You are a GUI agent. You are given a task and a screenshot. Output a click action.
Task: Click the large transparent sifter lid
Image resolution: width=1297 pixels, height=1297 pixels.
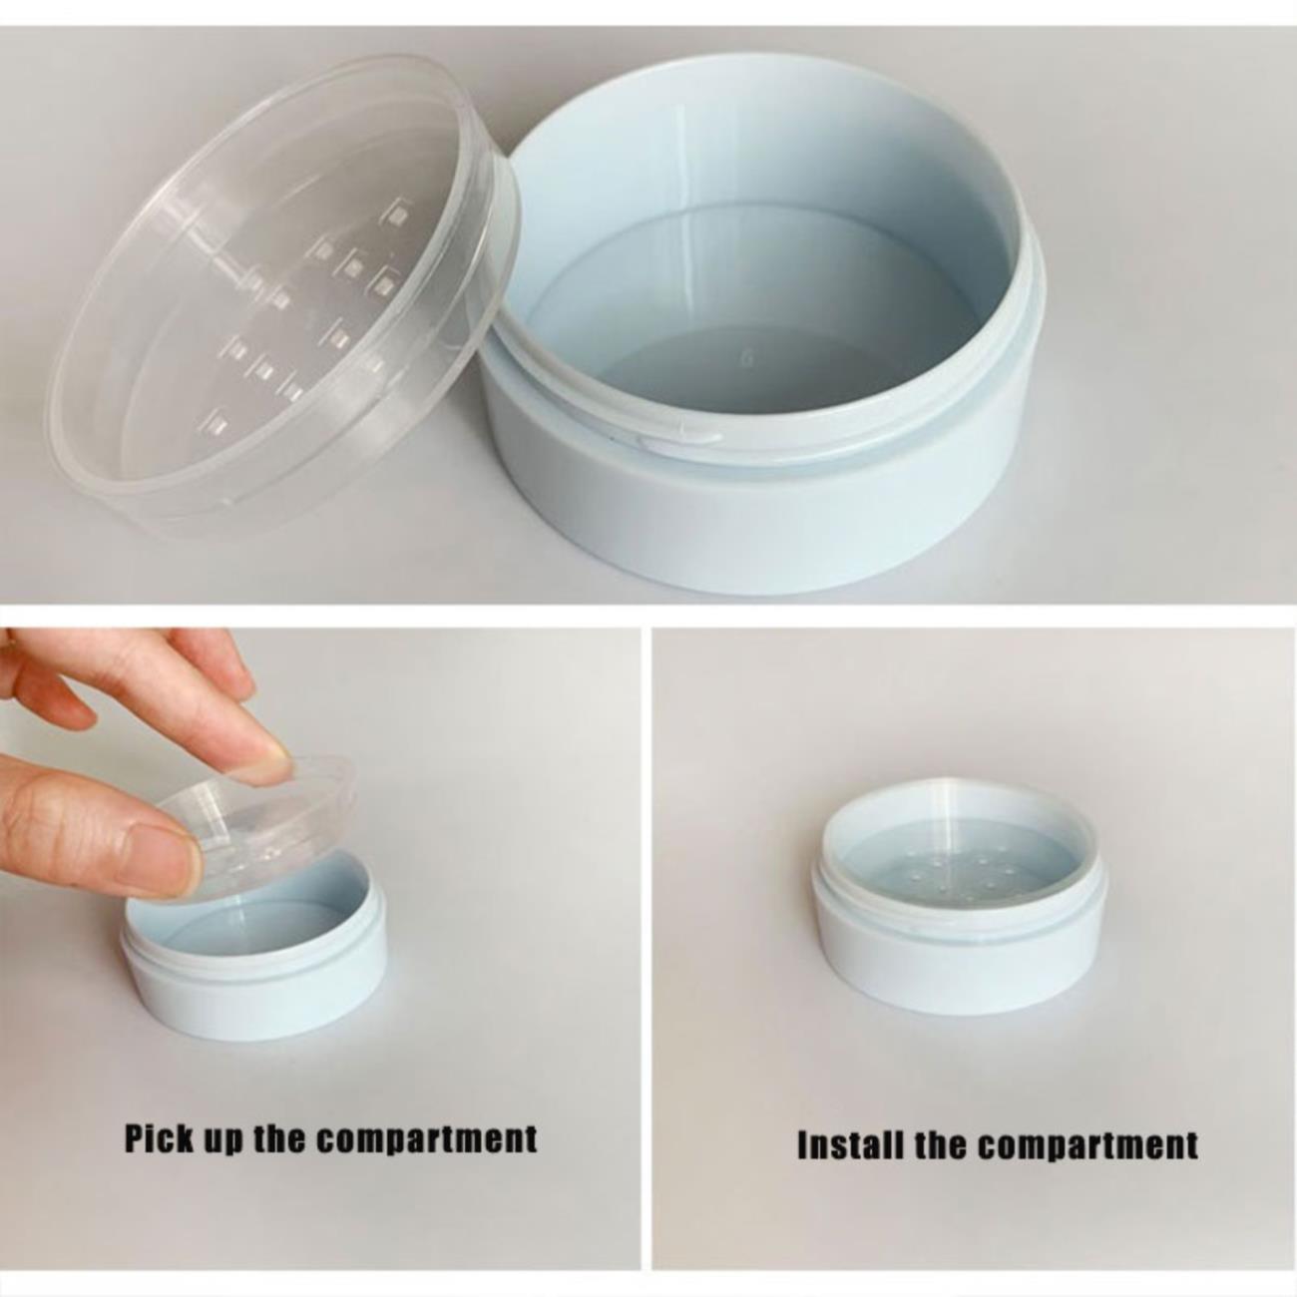[282, 289]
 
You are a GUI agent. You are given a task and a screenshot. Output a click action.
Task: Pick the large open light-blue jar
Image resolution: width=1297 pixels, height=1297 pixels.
[760, 323]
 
